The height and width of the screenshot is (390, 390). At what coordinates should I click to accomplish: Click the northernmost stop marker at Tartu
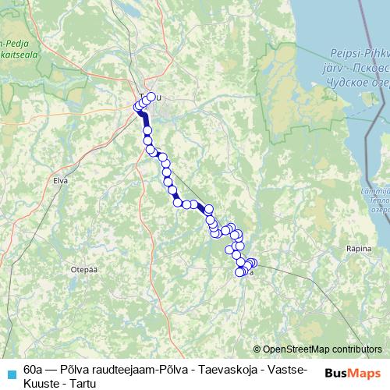point(152,97)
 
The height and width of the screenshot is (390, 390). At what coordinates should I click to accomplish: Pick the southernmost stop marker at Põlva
point(239,272)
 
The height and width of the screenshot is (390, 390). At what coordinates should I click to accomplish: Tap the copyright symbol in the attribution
point(257,349)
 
